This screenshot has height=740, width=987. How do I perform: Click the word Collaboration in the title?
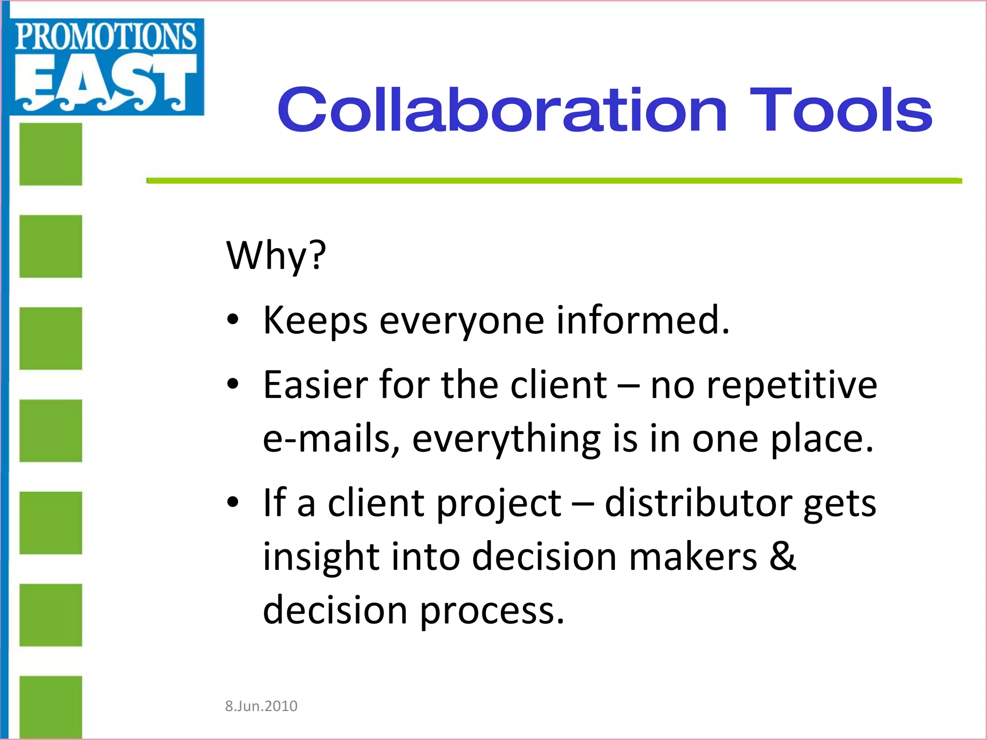(x=502, y=110)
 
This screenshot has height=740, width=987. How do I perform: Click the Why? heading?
(x=276, y=255)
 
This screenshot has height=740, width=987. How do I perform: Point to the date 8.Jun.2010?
(x=261, y=706)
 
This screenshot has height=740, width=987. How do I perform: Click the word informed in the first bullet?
(x=643, y=320)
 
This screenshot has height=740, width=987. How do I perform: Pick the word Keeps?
(x=315, y=321)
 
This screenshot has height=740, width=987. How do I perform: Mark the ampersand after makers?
(x=782, y=556)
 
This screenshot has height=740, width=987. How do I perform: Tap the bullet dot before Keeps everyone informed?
(x=233, y=320)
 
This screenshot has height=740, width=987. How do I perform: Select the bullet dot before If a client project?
(x=233, y=502)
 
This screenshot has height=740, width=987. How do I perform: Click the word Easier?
(x=316, y=385)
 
